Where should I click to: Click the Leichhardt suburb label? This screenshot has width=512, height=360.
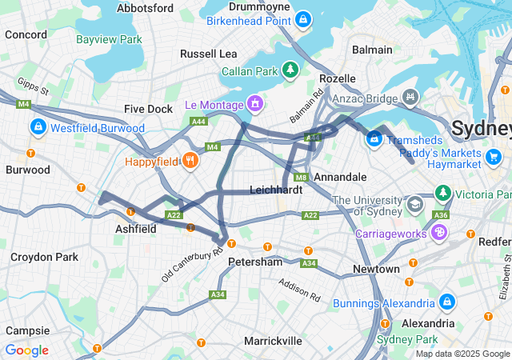coord(276,190)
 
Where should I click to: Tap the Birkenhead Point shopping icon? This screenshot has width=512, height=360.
coord(303,18)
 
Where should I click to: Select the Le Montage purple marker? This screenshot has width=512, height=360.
coord(255,103)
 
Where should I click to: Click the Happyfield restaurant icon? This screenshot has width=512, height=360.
coord(190,160)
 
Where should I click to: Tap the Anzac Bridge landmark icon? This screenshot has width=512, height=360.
coord(410,97)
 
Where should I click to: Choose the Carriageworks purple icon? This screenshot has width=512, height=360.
coord(438,231)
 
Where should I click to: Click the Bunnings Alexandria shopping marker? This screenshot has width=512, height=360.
coord(446,302)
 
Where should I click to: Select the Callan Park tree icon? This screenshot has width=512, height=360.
coord(290,70)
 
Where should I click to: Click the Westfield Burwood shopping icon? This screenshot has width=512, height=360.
coord(38,127)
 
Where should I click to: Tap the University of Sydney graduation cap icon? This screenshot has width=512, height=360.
coord(414,204)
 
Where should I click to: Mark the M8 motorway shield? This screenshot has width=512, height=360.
coord(301,178)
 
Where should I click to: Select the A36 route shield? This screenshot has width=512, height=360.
coord(439,214)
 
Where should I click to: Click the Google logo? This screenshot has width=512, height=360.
coord(26,350)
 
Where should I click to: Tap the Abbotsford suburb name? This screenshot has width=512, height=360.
coord(145,8)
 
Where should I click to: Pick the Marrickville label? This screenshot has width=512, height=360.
coord(273,341)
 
